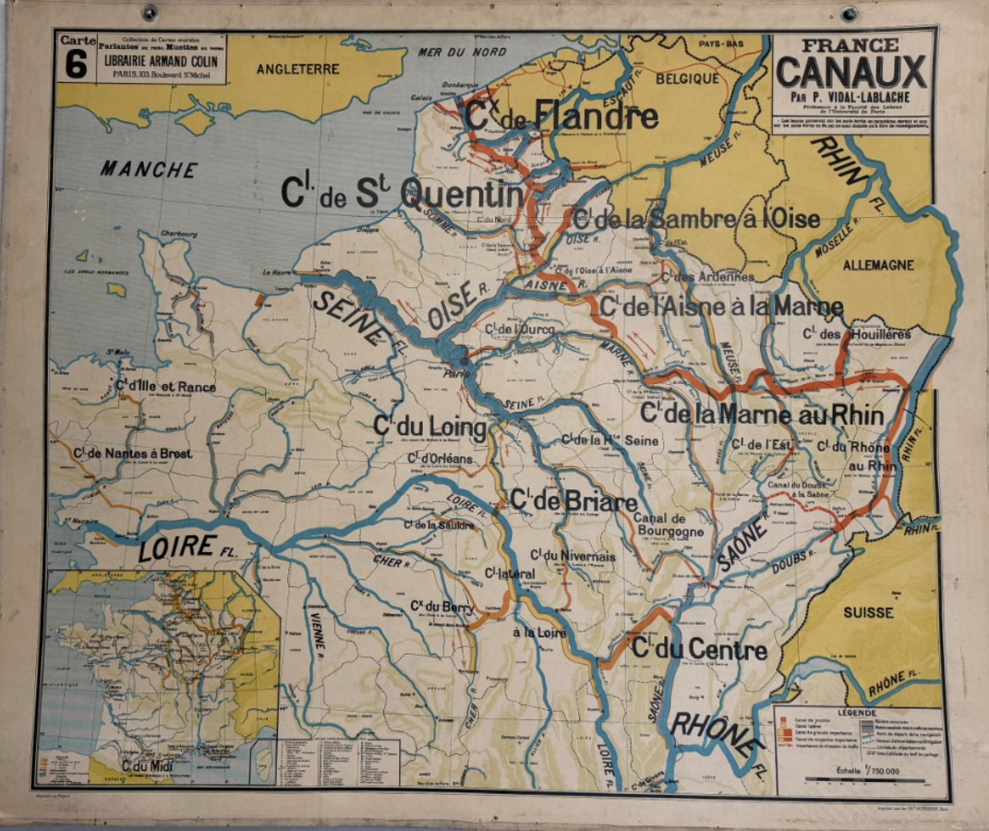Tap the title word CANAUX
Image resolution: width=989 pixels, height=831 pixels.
coord(851,71)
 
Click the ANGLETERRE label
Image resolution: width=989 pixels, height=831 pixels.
coord(297,68)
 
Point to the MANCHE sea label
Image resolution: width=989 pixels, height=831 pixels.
coord(149,169)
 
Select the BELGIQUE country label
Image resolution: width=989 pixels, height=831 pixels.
coord(687,79)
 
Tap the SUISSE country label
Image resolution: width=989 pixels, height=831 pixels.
coord(868,611)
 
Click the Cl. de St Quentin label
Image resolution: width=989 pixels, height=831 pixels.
coord(403,193)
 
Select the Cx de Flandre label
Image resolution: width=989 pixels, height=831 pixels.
coord(561,116)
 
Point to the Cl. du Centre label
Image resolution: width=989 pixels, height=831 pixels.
coord(699,649)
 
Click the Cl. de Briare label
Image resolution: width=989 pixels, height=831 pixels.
coord(573,501)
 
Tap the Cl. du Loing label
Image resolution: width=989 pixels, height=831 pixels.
coord(429,427)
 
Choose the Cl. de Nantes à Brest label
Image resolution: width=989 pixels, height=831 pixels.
coord(122,453)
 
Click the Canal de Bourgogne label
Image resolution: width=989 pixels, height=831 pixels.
coord(669,524)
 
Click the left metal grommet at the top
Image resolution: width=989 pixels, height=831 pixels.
coord(149,12)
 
